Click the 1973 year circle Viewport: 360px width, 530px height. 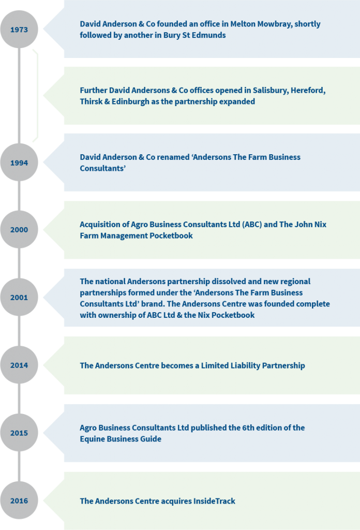(x=19, y=30)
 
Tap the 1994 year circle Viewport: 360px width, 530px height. (x=19, y=163)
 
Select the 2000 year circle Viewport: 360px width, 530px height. (x=19, y=229)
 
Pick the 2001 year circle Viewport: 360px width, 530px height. (x=19, y=298)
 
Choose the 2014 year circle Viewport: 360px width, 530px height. (x=19, y=365)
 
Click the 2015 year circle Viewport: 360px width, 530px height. (x=19, y=433)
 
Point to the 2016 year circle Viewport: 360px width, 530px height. (x=19, y=500)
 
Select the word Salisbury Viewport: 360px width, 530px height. (x=271, y=91)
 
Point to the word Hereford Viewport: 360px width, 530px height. (x=308, y=91)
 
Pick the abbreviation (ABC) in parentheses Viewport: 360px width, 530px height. (x=252, y=225)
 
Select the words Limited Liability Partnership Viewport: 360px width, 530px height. (x=253, y=366)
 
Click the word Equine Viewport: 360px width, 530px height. (x=92, y=439)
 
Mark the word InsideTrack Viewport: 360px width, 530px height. (x=214, y=501)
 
